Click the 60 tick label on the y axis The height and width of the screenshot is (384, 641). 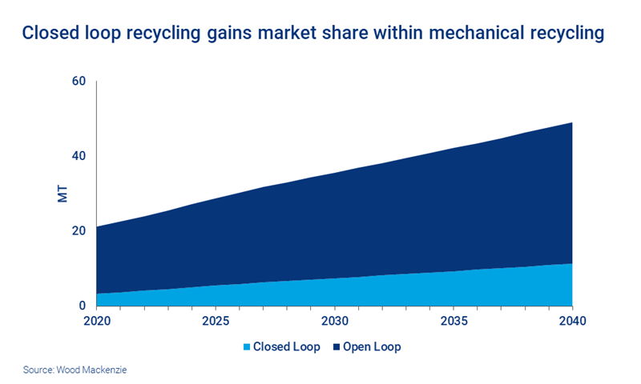[x=78, y=82]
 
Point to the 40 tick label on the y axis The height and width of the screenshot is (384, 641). [x=78, y=156]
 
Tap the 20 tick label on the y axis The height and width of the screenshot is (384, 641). [x=78, y=231]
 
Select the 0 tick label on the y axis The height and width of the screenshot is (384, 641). [x=82, y=306]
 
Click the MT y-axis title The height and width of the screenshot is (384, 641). [x=62, y=194]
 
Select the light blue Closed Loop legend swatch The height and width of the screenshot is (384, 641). [x=246, y=347]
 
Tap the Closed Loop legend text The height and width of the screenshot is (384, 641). [x=286, y=347]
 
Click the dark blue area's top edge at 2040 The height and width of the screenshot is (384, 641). [x=571, y=122]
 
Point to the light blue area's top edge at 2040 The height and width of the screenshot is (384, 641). [x=571, y=263]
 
